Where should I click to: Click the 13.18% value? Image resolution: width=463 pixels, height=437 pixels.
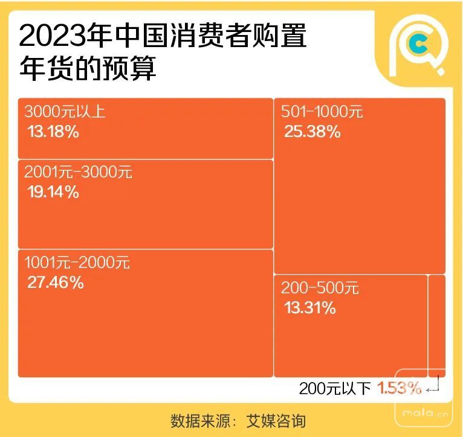click(53, 132)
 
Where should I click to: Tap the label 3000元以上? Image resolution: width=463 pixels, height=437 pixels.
click(65, 112)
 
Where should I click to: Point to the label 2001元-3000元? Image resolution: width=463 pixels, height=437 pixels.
click(78, 172)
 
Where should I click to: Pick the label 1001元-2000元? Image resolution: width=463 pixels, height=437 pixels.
click(77, 263)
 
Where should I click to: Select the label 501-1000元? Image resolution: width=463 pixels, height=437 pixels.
click(322, 112)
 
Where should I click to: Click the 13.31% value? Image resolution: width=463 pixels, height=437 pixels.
click(309, 308)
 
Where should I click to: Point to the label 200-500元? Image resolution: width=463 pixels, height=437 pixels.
click(320, 288)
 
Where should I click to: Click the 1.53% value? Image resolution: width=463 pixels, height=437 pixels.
click(400, 389)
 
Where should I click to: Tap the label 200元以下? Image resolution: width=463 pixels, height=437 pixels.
click(335, 389)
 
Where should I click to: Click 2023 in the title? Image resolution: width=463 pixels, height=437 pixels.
click(49, 37)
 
